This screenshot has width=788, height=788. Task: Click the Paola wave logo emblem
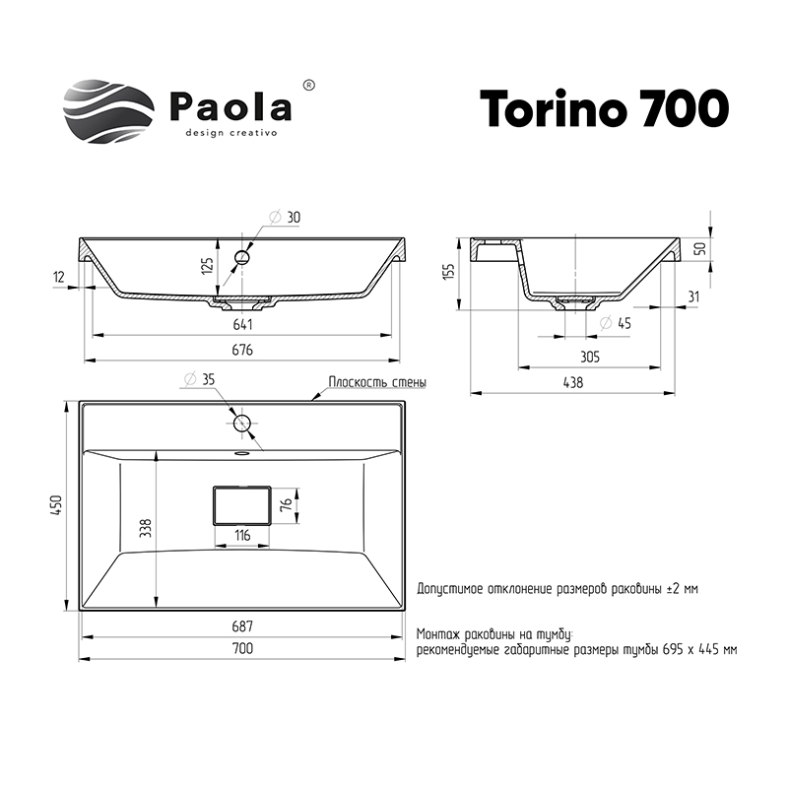point(108,111)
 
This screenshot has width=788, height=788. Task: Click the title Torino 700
point(604,108)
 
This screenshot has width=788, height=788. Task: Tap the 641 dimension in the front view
point(242,325)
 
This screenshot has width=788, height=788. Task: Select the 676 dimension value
point(242,351)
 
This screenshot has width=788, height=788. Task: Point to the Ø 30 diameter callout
point(285,218)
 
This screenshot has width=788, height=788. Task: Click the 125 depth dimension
point(208,264)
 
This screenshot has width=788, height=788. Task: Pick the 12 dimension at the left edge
point(59,277)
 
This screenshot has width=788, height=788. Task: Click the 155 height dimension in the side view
point(449,272)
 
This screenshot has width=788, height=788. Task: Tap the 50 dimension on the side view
point(700,248)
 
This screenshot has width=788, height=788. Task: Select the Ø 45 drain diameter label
point(616,323)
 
